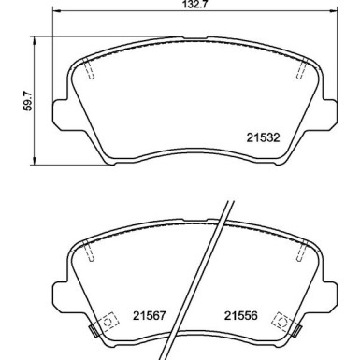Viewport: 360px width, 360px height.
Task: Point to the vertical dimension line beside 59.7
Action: pyautogui.click(x=36, y=94)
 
